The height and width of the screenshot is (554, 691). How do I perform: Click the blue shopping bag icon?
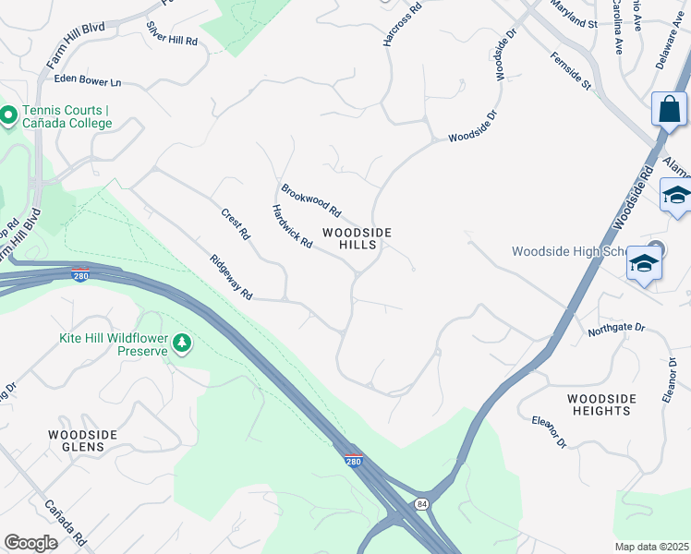[669, 109]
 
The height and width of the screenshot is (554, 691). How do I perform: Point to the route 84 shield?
[422, 503]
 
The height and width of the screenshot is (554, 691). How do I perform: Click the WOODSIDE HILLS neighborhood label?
[357, 238]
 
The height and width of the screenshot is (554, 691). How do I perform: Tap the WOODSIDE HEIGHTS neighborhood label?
[601, 404]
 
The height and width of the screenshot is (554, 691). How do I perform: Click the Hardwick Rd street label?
[292, 225]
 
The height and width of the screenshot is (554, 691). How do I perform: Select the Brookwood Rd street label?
[311, 196]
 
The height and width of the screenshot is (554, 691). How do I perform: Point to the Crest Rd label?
[236, 223]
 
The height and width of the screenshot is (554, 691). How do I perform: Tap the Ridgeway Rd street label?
[231, 277]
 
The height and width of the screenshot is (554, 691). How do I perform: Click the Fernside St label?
[570, 71]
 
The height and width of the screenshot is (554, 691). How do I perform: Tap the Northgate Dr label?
[614, 327]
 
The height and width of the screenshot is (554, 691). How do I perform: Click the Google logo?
[30, 543]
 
